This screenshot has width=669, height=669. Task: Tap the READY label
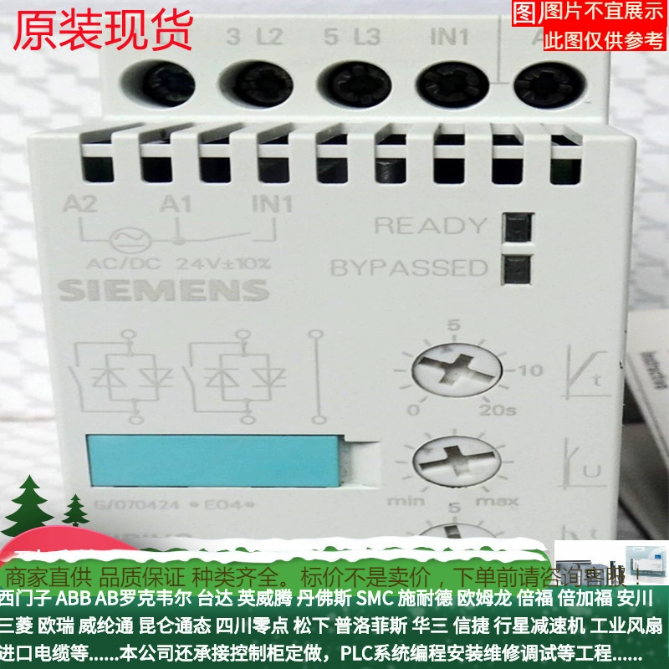[x=430, y=226]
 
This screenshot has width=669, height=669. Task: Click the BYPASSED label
[x=409, y=268]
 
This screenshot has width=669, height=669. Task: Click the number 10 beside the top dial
[x=531, y=369]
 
